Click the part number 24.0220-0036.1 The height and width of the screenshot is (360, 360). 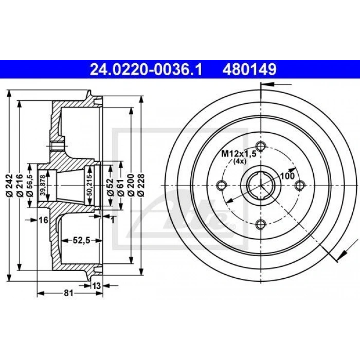pyautogui.click(x=146, y=69)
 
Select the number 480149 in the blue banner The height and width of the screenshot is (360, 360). pyautogui.click(x=249, y=69)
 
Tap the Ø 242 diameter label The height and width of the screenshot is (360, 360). pyautogui.click(x=9, y=185)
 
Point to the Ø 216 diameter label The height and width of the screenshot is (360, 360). pyautogui.click(x=20, y=185)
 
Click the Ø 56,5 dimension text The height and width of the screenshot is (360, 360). pyautogui.click(x=30, y=185)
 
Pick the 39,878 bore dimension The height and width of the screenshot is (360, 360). pyautogui.click(x=43, y=185)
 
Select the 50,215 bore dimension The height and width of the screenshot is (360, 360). pyautogui.click(x=90, y=185)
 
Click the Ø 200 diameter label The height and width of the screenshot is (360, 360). pyautogui.click(x=131, y=185)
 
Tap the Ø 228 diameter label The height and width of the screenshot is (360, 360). pyautogui.click(x=141, y=185)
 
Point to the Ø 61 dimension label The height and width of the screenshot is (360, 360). pyautogui.click(x=121, y=188)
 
